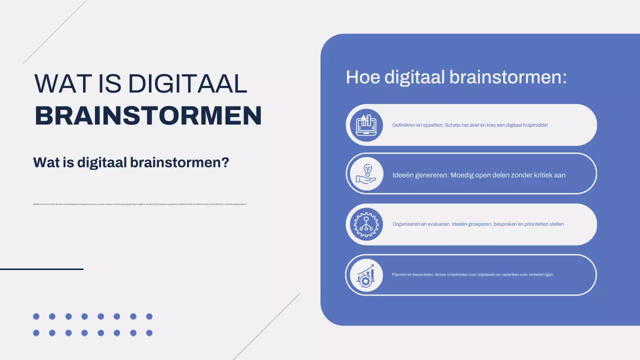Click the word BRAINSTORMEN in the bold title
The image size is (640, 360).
click(148, 115)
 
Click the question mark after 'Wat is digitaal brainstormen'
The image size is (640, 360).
click(225, 162)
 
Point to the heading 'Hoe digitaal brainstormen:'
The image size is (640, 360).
click(456, 77)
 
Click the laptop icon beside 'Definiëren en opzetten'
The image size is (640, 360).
click(364, 125)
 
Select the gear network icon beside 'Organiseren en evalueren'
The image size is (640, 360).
click(364, 224)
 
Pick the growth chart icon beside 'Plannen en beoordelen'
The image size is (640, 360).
click(364, 275)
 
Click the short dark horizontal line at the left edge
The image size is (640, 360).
click(41, 269)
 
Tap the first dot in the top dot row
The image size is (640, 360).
click(36, 316)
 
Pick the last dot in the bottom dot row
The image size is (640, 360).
click(149, 333)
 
